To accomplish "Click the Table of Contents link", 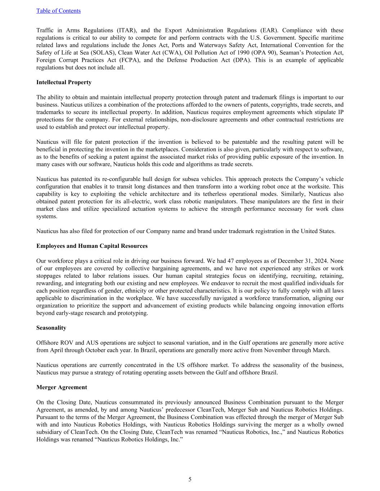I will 58,11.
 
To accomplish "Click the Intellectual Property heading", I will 64,82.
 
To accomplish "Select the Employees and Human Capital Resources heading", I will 92,246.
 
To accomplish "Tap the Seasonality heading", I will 51,328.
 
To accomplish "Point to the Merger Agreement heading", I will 62,387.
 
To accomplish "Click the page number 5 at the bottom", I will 190,479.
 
